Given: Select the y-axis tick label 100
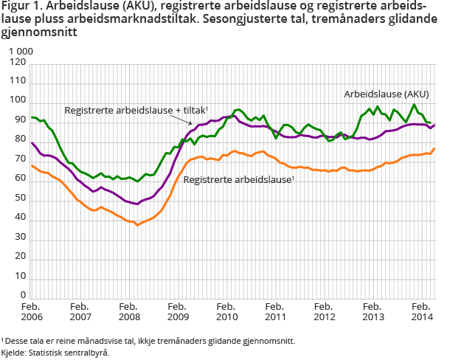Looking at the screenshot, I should pyautogui.click(x=17, y=101).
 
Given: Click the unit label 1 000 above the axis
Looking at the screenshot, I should pyautogui.click(x=21, y=50).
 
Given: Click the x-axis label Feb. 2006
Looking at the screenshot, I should pyautogui.click(x=32, y=311).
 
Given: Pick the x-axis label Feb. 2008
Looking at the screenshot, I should pyautogui.click(x=128, y=311).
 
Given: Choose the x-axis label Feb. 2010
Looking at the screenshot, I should pyautogui.click(x=226, y=311).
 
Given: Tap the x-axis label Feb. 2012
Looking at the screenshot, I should pyautogui.click(x=322, y=311).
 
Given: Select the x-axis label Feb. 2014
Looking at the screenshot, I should pyautogui.click(x=420, y=311).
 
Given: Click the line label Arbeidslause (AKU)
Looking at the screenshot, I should pyautogui.click(x=387, y=94).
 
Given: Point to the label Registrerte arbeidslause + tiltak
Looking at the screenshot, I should pyautogui.click(x=126, y=110).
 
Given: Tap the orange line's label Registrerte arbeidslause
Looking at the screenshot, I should pyautogui.click(x=237, y=179).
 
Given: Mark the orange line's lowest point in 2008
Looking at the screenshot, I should pyautogui.click(x=137, y=224).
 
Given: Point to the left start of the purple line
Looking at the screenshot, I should pyautogui.click(x=32, y=143).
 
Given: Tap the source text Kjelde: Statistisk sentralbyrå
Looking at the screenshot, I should pyautogui.click(x=55, y=353).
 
